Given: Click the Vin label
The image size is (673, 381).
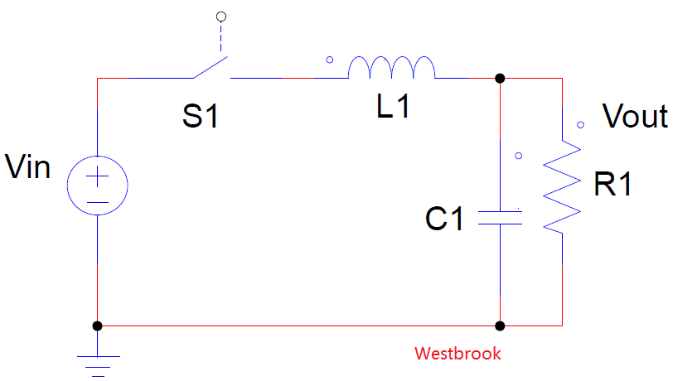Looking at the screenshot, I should click(x=27, y=167).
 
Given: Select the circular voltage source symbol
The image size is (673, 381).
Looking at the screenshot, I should click(x=98, y=186).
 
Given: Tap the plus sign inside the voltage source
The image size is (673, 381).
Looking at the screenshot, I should click(x=98, y=176).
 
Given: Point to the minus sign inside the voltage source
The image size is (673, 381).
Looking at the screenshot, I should click(x=98, y=200).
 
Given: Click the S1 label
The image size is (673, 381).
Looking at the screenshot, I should click(x=201, y=117).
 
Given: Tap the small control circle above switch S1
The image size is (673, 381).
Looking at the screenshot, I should click(x=220, y=16).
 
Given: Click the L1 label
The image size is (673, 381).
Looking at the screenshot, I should click(x=393, y=107).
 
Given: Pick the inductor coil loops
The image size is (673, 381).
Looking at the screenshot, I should click(x=391, y=68).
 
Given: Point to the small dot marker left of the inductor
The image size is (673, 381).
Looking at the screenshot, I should click(x=330, y=60).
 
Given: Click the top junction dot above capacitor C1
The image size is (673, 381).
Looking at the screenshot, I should click(x=500, y=79).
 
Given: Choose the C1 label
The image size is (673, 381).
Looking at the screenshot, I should click(x=444, y=219).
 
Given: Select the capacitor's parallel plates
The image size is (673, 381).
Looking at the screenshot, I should click(x=500, y=217).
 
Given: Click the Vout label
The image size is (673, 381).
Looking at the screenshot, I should click(x=634, y=117).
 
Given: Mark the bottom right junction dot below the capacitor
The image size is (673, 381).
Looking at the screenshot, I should click(x=500, y=326).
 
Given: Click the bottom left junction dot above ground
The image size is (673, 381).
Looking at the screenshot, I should click(x=98, y=326).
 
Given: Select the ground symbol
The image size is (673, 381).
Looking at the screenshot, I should click(x=98, y=363).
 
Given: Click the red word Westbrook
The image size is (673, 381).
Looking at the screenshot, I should click(x=458, y=354).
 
